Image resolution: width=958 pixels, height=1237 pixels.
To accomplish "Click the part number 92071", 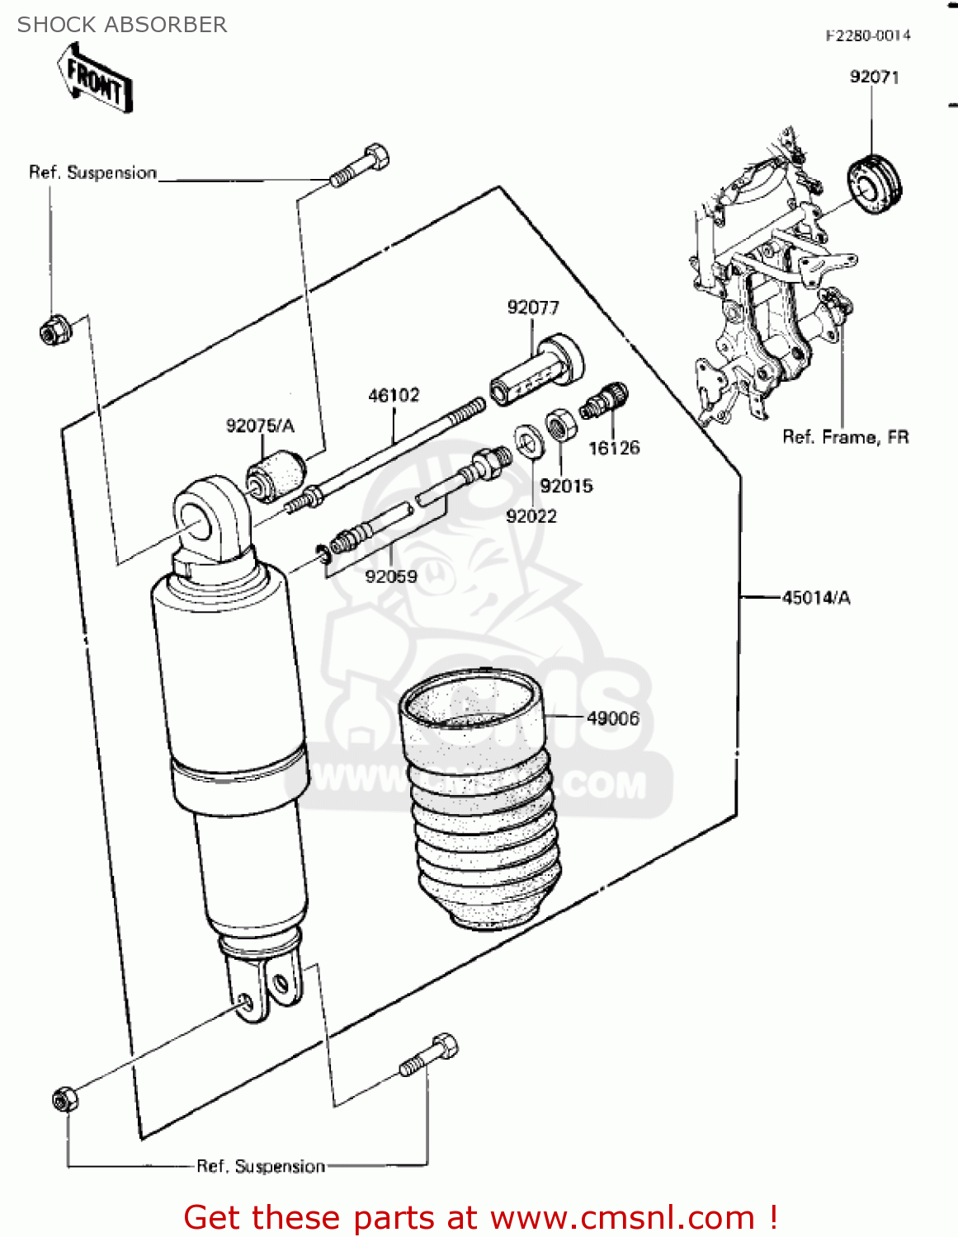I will [874, 77].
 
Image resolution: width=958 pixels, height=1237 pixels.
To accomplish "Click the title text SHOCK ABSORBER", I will [122, 25].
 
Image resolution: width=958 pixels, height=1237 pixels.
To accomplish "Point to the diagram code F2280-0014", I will [868, 35].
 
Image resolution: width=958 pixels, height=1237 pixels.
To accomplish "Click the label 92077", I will [533, 308].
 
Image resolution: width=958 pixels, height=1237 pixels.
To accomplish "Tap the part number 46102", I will [394, 396].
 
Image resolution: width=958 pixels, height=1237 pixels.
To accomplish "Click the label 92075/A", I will [260, 426].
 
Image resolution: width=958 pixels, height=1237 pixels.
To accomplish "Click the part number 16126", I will [614, 448].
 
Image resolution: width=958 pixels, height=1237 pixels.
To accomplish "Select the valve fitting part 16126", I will [604, 400].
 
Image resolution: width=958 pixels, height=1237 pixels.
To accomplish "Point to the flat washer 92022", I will [528, 440].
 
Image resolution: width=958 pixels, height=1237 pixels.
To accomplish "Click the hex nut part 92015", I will [560, 426].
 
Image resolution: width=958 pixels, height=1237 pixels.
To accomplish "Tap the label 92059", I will [391, 576].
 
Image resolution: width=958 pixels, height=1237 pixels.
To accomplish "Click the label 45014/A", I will [815, 597].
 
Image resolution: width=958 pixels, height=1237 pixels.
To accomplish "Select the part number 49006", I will [612, 718].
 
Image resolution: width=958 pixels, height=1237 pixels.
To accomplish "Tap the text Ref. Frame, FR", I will [845, 437].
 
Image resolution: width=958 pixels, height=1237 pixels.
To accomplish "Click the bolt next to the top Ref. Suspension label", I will [361, 166].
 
